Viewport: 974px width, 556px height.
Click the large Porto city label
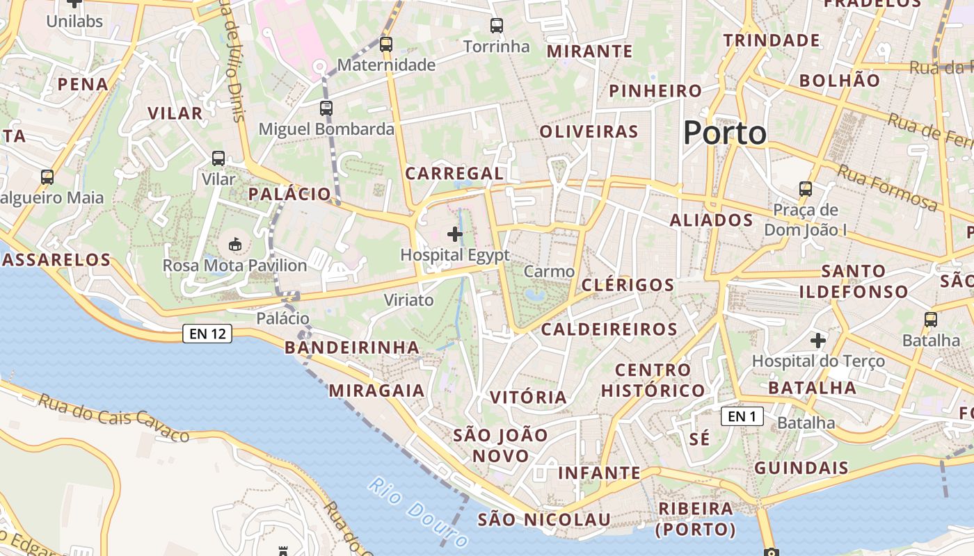725,133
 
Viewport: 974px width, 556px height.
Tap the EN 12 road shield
208,334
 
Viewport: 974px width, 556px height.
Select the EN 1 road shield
742,416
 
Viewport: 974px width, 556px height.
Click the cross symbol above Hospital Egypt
455,234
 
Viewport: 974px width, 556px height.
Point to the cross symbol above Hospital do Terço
818,341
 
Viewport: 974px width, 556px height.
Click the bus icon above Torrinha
496,26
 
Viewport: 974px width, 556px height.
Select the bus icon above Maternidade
386,44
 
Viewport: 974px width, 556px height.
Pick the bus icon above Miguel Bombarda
326,108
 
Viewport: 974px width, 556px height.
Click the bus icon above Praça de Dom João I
806,188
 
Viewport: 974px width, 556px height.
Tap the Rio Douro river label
418,512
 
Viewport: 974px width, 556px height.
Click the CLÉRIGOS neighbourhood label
628,285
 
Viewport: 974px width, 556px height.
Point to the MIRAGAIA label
376,391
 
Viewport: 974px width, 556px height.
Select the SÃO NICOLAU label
544,520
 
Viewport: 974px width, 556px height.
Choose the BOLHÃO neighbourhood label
839,81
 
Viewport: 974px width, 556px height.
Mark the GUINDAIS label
801,468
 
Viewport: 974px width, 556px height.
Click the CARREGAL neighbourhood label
454,174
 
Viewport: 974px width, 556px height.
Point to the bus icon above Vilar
218,158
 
